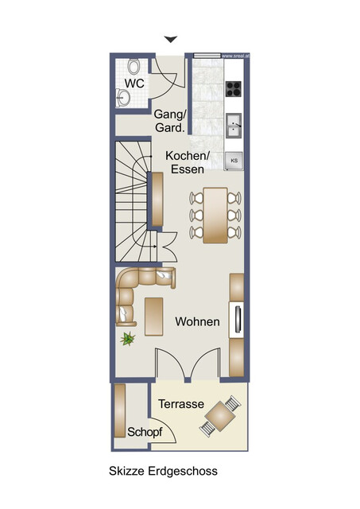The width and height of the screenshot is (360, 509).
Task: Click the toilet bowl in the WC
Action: tap(134, 67)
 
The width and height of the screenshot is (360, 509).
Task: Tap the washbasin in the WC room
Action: tap(123, 97)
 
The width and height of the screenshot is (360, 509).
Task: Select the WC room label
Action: tap(134, 84)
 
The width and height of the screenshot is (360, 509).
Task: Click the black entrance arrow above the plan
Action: tap(171, 39)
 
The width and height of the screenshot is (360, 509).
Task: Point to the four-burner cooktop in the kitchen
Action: tap(234, 88)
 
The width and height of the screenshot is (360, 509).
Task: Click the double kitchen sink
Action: tap(234, 126)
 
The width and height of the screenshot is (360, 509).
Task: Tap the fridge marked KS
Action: tap(234, 161)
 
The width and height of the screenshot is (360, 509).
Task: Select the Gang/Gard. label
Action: tap(170, 121)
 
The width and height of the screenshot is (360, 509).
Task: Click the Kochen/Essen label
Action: tap(188, 162)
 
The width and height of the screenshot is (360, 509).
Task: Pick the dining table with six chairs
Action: tap(215, 216)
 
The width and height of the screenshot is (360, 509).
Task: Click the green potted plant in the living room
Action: tap(127, 339)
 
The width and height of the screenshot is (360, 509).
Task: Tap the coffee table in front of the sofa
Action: tap(153, 317)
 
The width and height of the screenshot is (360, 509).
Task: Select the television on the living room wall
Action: tap(238, 319)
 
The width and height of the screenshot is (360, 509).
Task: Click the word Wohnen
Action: tap(198, 321)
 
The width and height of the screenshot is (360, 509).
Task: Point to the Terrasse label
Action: tap(181, 404)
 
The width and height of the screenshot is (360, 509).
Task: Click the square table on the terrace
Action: tap(221, 416)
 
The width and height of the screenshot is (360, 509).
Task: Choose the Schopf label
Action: tap(145, 433)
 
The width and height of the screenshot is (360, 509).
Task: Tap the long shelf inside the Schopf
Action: tap(120, 410)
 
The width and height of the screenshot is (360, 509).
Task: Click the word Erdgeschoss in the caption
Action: tap(183, 471)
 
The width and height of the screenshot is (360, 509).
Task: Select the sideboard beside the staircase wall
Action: tap(157, 200)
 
